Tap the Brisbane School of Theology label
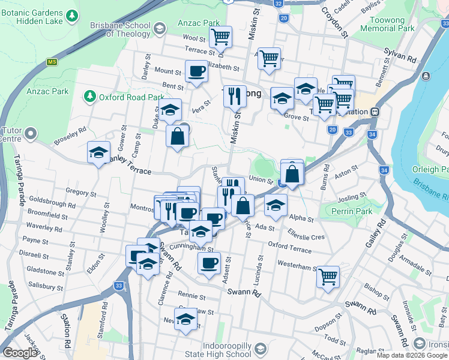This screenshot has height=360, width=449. [x=120, y=29]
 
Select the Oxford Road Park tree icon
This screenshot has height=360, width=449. [x=90, y=97]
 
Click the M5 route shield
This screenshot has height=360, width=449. [x=52, y=62]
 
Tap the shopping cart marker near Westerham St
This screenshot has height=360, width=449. [x=328, y=277]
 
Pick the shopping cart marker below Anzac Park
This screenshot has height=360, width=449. [x=220, y=37]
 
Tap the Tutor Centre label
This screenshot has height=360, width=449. [x=11, y=135]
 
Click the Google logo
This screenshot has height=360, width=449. [x=20, y=353]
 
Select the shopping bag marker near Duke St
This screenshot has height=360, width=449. [x=177, y=136]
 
